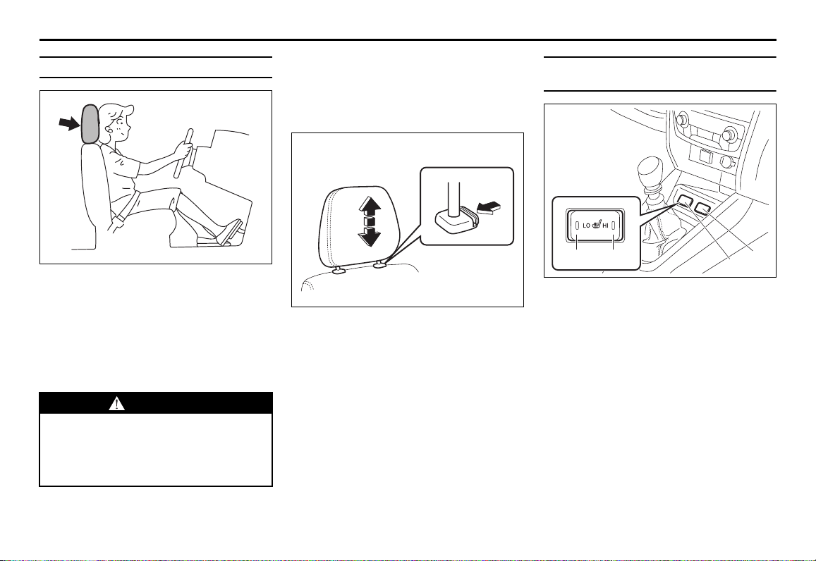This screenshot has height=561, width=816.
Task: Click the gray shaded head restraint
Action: click(x=90, y=124)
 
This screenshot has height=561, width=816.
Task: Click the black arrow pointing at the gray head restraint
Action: click(x=69, y=123)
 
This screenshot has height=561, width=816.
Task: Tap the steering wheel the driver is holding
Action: click(x=185, y=153)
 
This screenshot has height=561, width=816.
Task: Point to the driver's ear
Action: click(x=110, y=125)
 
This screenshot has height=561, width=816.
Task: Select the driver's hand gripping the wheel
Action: click(x=183, y=149)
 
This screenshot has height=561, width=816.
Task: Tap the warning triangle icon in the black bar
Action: click(x=116, y=403)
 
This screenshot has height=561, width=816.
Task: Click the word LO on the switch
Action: click(x=587, y=226)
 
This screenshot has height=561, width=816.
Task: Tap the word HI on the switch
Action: click(x=606, y=226)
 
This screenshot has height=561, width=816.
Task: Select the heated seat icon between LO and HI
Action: click(x=597, y=226)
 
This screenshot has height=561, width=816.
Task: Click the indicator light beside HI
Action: click(x=614, y=226)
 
